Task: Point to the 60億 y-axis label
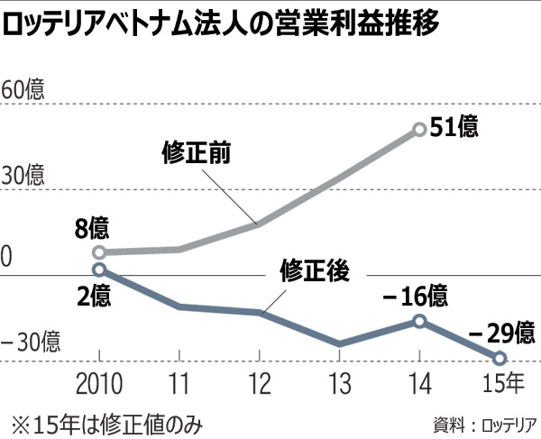click(23, 92)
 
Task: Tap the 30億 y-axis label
click(23, 173)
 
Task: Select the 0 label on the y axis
click(8, 259)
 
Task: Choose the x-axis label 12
click(259, 385)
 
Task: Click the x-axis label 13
click(339, 385)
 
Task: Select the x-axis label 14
click(418, 385)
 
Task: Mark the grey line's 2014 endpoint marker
click(419, 129)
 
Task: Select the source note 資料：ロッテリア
click(484, 422)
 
